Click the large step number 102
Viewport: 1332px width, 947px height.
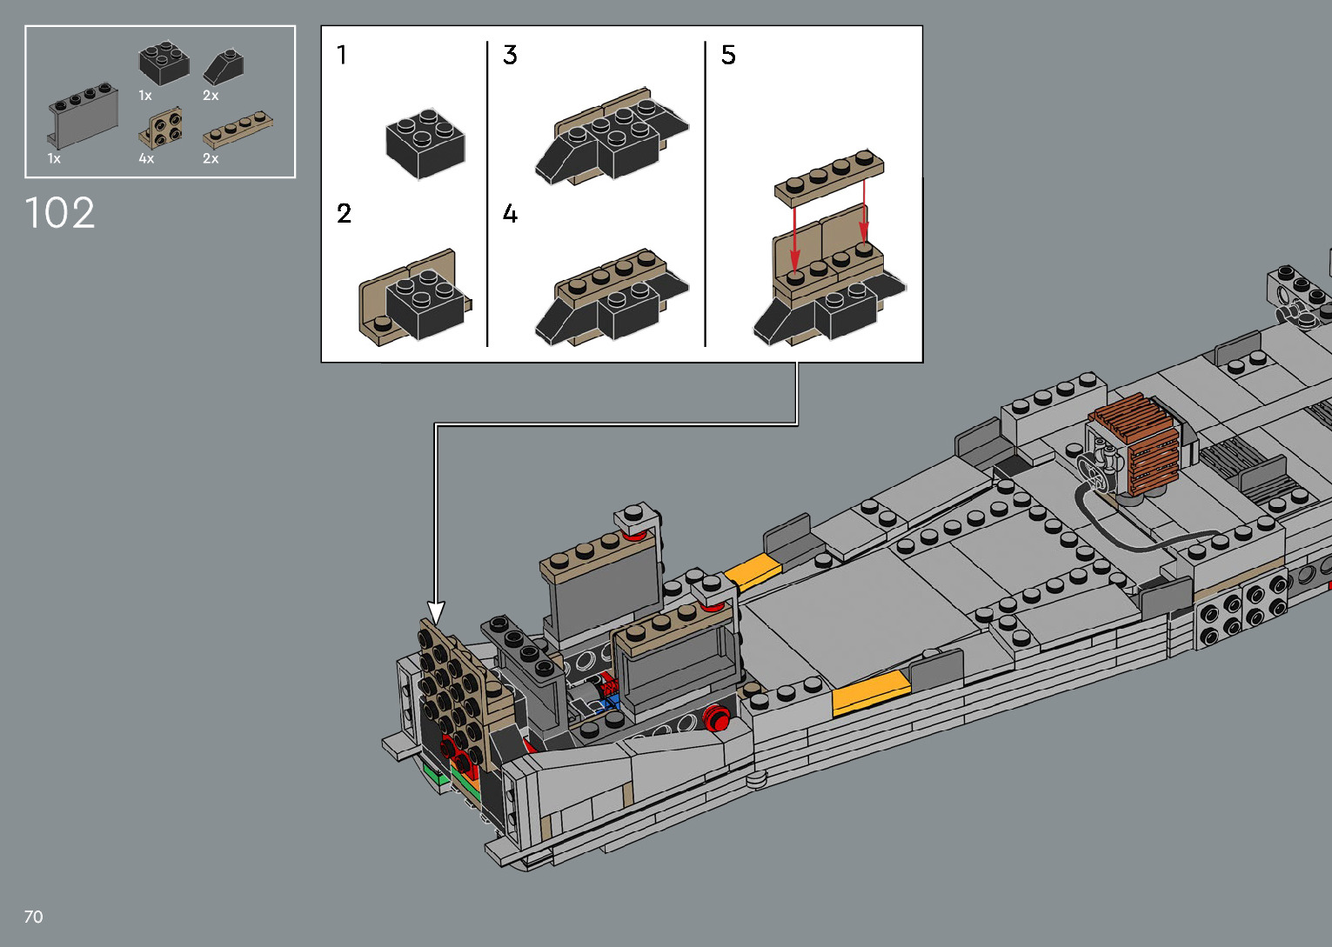tap(59, 212)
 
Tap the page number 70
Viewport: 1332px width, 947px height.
tap(33, 917)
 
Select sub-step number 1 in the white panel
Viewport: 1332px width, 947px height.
tap(341, 55)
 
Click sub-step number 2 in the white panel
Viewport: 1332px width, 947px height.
tap(344, 213)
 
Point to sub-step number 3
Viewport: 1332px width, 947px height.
tap(510, 55)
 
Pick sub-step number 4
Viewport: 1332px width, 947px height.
tap(510, 213)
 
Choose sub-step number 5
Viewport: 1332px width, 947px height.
tap(728, 55)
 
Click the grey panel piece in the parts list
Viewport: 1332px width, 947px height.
tap(83, 116)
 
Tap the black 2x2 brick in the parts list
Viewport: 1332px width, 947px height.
tap(164, 63)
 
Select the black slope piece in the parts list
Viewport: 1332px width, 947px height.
tap(223, 67)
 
